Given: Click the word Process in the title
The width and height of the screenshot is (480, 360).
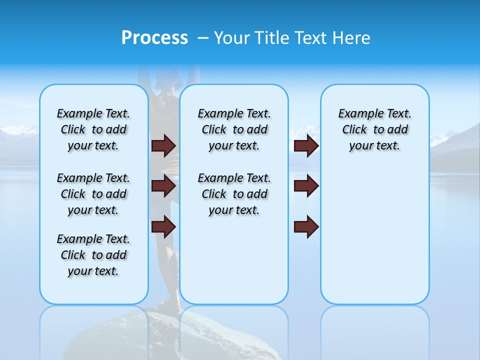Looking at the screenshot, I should (x=154, y=37).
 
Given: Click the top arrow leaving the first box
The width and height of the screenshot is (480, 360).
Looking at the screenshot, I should (x=163, y=145).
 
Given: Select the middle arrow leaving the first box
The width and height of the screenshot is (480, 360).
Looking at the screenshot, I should (x=163, y=186).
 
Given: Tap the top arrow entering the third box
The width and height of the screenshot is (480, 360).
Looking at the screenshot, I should (x=306, y=145).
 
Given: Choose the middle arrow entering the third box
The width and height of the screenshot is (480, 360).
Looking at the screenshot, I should (x=306, y=186).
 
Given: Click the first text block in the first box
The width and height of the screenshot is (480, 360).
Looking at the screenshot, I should (x=93, y=129).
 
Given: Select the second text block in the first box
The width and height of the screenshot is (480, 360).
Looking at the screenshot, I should (x=93, y=194).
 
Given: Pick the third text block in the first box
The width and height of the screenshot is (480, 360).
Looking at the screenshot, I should (x=93, y=255).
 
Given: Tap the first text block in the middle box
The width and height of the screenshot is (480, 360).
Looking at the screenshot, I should (x=234, y=129).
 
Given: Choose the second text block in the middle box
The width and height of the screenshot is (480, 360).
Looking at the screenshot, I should (x=234, y=194).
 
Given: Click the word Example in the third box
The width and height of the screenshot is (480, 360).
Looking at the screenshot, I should (x=356, y=114).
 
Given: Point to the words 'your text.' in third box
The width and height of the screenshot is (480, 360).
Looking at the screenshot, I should (x=374, y=146).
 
